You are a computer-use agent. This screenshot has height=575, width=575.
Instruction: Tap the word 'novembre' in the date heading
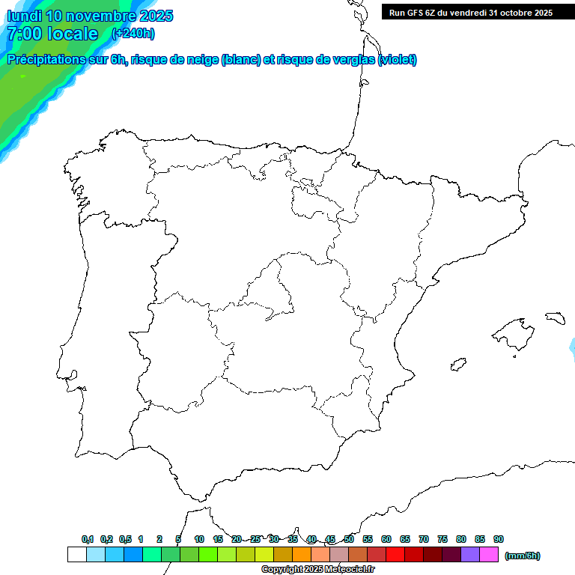click(105, 16)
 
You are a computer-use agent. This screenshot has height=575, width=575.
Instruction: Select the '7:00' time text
click(23, 34)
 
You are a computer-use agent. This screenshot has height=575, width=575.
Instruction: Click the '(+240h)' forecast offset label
click(133, 34)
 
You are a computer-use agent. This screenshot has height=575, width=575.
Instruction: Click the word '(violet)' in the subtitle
click(398, 60)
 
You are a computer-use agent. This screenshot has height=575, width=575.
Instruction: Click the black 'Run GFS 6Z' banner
click(471, 12)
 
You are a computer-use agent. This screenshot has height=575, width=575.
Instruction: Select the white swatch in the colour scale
click(76, 555)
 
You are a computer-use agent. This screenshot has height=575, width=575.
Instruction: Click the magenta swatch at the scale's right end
click(489, 555)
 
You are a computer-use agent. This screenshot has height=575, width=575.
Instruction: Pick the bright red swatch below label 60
click(395, 555)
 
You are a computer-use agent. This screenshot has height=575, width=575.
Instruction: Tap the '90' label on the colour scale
click(499, 539)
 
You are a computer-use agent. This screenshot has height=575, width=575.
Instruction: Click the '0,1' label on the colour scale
click(88, 539)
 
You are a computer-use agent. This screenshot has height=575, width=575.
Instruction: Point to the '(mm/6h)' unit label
click(523, 556)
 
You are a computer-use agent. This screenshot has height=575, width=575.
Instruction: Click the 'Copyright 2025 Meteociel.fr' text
click(318, 569)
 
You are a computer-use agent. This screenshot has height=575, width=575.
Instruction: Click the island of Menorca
click(555, 318)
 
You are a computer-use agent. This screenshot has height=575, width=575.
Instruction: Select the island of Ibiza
click(457, 365)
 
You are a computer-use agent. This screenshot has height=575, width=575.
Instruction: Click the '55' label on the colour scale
click(368, 539)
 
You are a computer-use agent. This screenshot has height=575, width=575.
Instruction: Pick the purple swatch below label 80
click(470, 555)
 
